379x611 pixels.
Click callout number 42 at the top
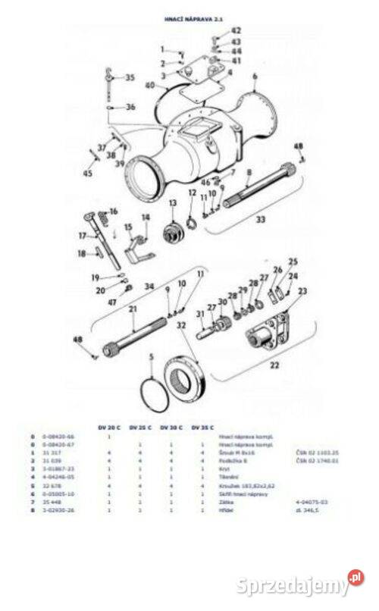point(215,30)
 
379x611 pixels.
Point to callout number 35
point(130,77)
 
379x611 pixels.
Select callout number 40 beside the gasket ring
point(149,85)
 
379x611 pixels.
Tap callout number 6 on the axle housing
point(255,77)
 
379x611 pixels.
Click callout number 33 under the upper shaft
point(260,220)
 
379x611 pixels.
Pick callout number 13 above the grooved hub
point(172,202)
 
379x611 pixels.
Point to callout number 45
point(87,174)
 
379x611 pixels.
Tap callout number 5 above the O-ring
point(152,356)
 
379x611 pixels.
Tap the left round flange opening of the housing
point(144,180)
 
